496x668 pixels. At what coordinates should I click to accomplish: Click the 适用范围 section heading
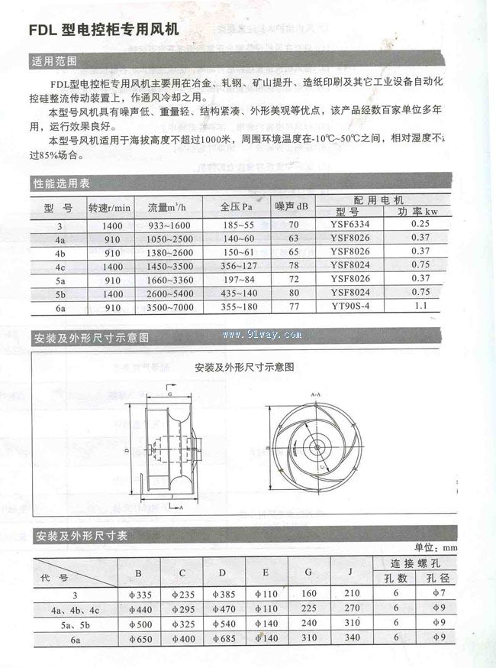click(54, 61)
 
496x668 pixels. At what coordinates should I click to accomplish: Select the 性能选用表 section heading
click(61, 183)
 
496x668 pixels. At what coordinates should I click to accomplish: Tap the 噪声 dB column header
click(292, 207)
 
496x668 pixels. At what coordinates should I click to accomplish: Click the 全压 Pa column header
click(237, 207)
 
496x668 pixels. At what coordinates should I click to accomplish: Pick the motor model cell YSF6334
click(350, 225)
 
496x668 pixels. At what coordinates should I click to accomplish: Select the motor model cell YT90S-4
click(350, 306)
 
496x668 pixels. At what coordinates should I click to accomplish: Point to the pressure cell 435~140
click(237, 293)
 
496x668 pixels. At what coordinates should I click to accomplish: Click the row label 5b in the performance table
click(60, 293)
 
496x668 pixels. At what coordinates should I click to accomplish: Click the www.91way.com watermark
click(262, 335)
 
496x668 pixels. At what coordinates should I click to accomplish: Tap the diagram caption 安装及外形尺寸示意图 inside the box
click(244, 367)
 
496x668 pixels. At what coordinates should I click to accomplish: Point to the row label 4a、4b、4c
click(75, 609)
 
